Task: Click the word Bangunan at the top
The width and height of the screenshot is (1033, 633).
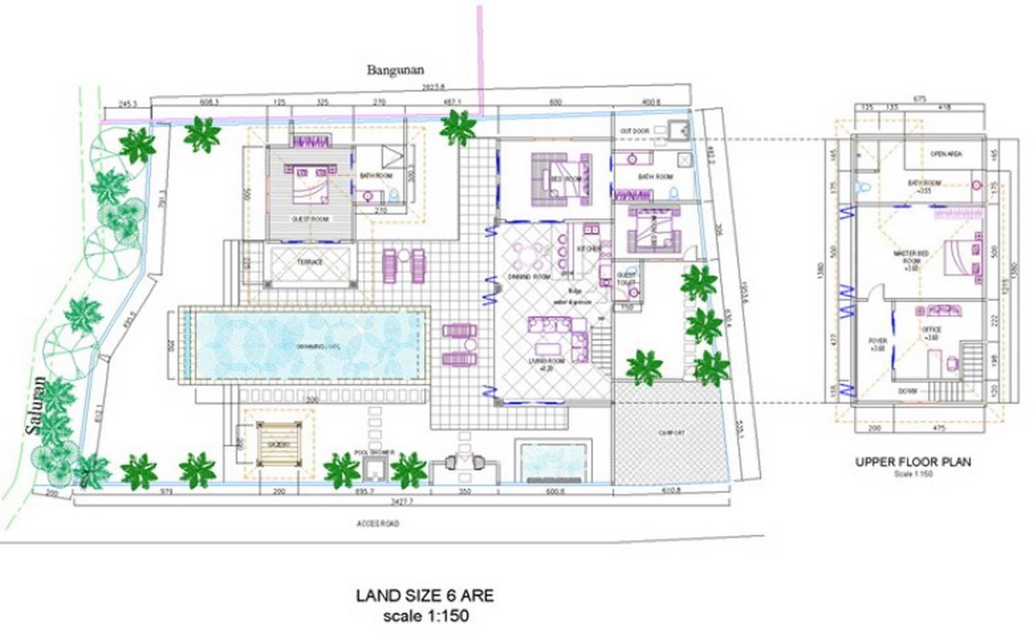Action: tap(395, 69)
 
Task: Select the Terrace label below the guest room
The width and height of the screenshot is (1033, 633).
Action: tap(310, 262)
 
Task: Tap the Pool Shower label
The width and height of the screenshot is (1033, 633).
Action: tap(374, 452)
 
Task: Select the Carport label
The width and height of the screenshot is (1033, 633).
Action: tap(671, 433)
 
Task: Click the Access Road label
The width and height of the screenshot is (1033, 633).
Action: tap(377, 524)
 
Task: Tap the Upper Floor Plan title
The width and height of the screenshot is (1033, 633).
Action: tap(912, 462)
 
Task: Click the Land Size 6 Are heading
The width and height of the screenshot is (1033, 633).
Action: tap(424, 595)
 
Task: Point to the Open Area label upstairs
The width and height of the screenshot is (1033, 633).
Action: tap(946, 154)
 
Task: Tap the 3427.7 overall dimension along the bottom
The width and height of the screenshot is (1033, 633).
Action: tap(401, 503)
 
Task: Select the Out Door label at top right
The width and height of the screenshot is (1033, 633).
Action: tap(634, 131)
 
